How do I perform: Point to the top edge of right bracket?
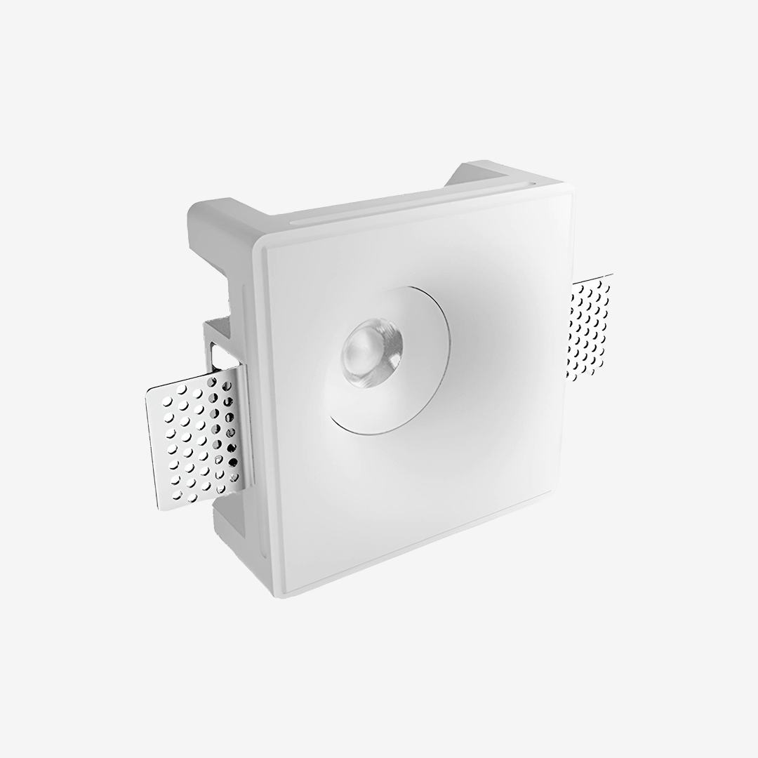click(x=593, y=279)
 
